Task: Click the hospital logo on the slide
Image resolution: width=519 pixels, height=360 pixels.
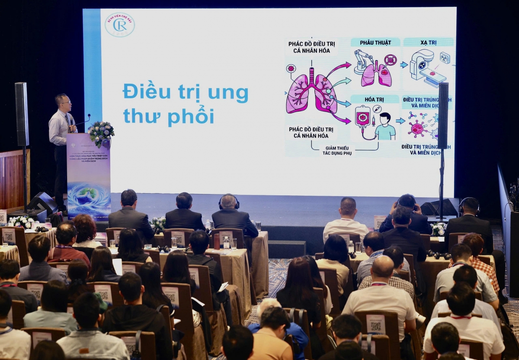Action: [119, 25]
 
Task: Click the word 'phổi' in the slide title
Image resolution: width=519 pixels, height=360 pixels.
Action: [191, 116]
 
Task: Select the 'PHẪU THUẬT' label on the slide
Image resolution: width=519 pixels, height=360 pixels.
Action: [375, 42]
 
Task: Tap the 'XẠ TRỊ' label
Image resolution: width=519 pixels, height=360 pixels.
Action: [428, 42]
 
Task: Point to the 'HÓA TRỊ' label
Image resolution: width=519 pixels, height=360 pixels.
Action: [375, 99]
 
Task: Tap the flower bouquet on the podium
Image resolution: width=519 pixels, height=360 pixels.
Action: [101, 132]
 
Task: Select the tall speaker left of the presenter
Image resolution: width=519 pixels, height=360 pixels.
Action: [22, 114]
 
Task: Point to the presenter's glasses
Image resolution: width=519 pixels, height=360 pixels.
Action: [65, 103]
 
